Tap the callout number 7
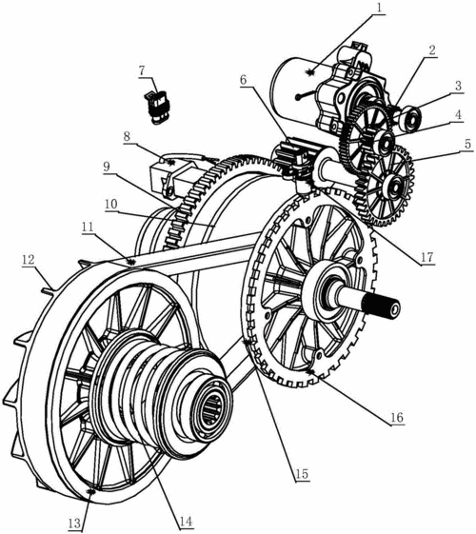(x=142, y=70)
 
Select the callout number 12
(x=29, y=260)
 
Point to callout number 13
(x=74, y=523)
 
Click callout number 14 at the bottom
(x=186, y=522)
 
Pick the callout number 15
(x=302, y=474)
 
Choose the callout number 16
(x=397, y=417)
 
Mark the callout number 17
(x=426, y=257)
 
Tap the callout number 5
(x=467, y=144)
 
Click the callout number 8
(x=127, y=136)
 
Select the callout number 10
(x=111, y=204)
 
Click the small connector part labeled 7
(x=157, y=108)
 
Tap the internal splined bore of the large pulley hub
(x=211, y=410)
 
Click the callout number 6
(x=243, y=80)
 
